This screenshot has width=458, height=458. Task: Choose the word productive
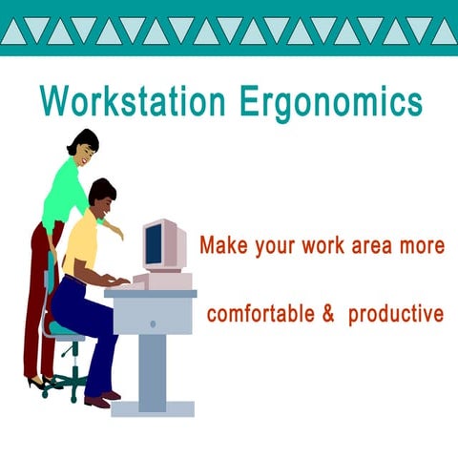click(396, 314)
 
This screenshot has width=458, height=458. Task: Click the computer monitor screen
click(153, 244)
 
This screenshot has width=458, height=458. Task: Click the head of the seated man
click(102, 195)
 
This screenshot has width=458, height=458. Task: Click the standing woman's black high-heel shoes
click(41, 383)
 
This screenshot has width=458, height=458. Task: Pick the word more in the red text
click(423, 245)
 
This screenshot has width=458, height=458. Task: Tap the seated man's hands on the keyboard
click(121, 280)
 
